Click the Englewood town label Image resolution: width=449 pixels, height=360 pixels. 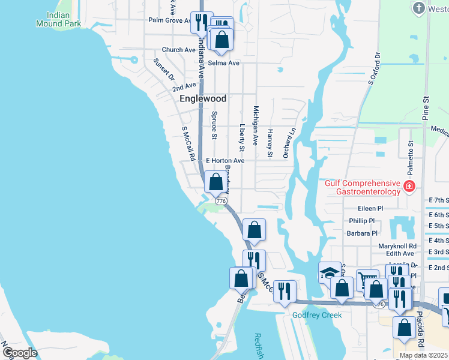tap(203, 98)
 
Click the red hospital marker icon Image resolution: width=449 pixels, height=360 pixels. tap(409, 187)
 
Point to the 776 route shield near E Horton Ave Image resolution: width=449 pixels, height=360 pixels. tap(221, 201)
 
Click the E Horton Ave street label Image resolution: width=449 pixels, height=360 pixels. tap(225, 161)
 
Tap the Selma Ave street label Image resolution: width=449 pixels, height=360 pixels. tap(224, 63)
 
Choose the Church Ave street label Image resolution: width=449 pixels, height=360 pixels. tap(178, 50)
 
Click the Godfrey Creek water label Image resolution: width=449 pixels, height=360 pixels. tap(317, 315)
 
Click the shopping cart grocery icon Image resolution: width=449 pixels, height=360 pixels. tap(367, 280)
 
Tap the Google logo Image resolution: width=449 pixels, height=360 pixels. tap(20, 352)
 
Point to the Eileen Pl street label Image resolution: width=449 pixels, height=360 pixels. tap(370, 208)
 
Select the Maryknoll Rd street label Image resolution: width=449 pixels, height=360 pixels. tap(397, 246)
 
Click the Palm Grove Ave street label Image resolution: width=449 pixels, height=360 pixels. tap(170, 20)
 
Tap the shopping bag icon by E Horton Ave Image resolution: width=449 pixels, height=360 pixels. tap(215, 181)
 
